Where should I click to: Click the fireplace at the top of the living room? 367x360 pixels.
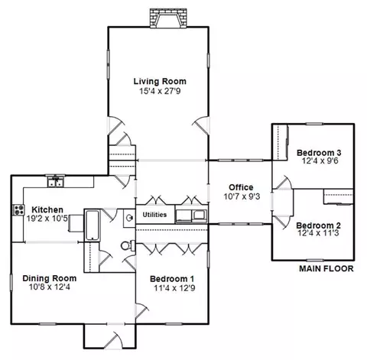[168, 18]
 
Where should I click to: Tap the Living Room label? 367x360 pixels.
[160, 82]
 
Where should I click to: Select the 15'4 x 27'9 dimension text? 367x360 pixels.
[160, 91]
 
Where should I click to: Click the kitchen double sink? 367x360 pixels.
[56, 182]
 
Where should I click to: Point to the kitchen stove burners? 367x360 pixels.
[18, 210]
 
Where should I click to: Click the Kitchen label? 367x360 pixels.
[47, 210]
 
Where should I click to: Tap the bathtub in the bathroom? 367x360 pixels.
[92, 225]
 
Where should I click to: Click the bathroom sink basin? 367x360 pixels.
[130, 218]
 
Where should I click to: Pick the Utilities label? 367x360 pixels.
[154, 215]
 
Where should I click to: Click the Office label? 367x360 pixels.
[241, 187]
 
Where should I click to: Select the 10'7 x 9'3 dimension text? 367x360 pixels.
[242, 196]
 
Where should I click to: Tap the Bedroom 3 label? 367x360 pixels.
[319, 153]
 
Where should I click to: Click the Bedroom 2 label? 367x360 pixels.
[318, 225]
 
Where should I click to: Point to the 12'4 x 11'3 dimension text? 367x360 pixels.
[318, 233]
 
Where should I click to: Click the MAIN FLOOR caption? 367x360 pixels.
[326, 269]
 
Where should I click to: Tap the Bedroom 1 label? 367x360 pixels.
[172, 279]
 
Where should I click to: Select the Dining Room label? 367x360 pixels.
[50, 278]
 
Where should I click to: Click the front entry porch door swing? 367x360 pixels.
[114, 340]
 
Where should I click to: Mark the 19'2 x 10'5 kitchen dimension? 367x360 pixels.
[48, 219]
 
